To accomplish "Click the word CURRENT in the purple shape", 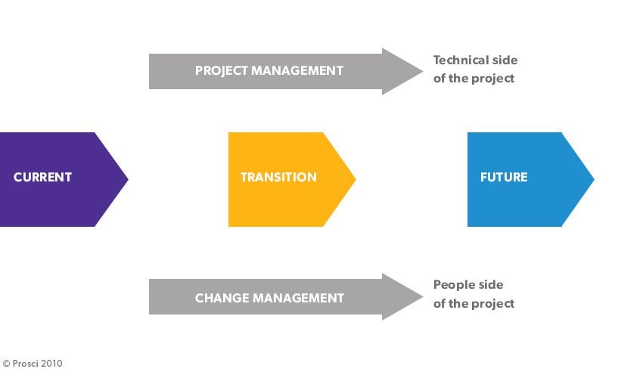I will point(42,178).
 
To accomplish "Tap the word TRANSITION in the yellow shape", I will point(278,178).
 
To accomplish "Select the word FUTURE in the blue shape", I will point(504,178).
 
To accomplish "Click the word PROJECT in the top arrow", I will point(222,70).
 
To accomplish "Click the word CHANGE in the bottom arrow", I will point(221,298).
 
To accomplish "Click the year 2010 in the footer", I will point(51,364).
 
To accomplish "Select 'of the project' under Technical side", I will point(474,79).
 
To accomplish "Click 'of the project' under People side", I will point(474,304).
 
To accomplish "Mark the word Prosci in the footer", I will point(26,364).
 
